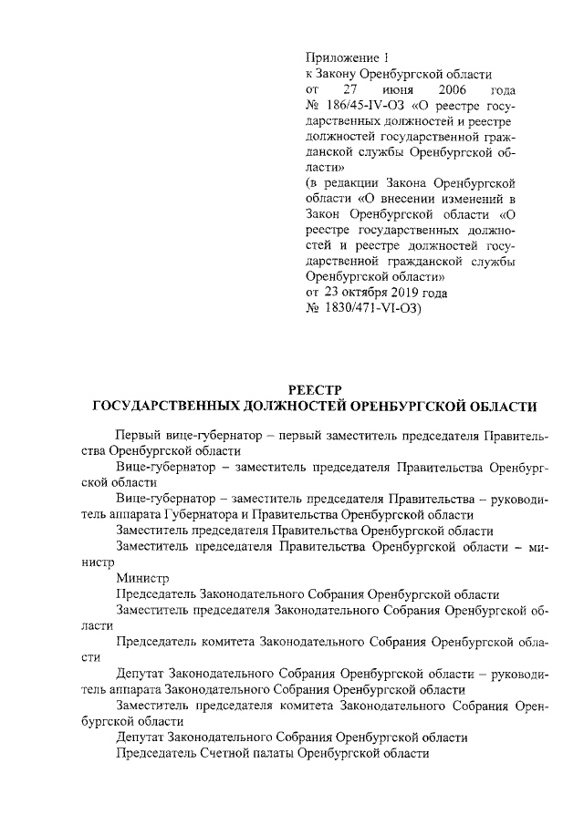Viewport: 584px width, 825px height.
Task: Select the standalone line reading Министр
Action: (139, 577)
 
